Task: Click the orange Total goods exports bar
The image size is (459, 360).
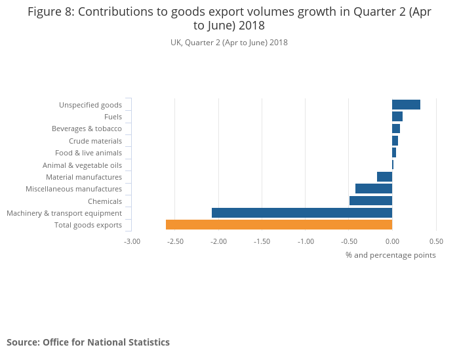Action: click(279, 225)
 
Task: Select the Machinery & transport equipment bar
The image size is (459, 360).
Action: click(302, 213)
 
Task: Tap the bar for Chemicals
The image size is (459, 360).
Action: click(370, 201)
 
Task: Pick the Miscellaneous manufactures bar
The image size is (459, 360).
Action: click(374, 189)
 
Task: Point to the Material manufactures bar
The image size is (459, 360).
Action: click(384, 177)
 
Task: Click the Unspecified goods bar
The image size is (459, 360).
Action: click(406, 105)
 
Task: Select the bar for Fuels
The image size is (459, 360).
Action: click(397, 117)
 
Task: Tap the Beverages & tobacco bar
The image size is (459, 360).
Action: click(396, 129)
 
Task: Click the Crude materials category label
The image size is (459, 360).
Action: click(95, 141)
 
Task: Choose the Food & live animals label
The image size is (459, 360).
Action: click(89, 153)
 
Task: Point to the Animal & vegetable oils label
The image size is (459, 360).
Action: click(82, 165)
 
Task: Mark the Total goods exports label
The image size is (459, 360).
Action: click(88, 226)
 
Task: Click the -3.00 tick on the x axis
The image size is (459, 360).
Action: click(132, 241)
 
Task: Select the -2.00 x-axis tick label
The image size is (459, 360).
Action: click(218, 241)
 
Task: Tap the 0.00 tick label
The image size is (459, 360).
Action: click(392, 241)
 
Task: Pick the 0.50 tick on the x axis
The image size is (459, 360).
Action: click(436, 241)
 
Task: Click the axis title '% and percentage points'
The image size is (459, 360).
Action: click(390, 255)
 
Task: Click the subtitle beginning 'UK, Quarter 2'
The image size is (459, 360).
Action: click(229, 43)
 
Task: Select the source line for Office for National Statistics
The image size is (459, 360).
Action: click(88, 342)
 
